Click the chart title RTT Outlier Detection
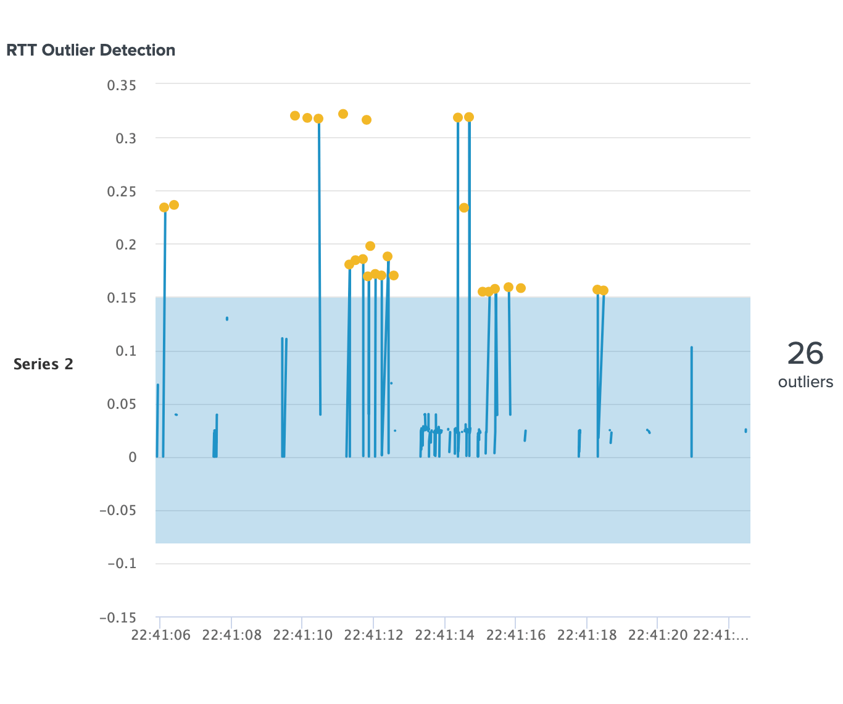[x=91, y=50]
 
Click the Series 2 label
[x=43, y=364]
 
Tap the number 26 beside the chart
[x=805, y=354]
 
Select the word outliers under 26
[x=805, y=382]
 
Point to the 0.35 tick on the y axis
[x=122, y=85]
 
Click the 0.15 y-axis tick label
[x=122, y=298]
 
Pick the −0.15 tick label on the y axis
[x=118, y=618]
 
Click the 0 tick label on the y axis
[x=132, y=458]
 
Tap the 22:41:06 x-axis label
[x=160, y=635]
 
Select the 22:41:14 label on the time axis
[x=445, y=635]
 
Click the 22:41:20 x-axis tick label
[x=658, y=635]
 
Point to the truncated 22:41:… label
[x=720, y=635]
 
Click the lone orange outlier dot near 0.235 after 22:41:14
[x=464, y=208]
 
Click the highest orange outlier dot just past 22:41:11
[x=343, y=114]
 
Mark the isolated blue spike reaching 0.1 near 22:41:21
[x=691, y=371]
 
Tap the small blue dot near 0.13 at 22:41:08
[x=227, y=319]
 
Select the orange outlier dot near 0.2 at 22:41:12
[x=370, y=246]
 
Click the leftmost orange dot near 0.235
[x=164, y=207]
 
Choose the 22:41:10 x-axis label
[x=302, y=635]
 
